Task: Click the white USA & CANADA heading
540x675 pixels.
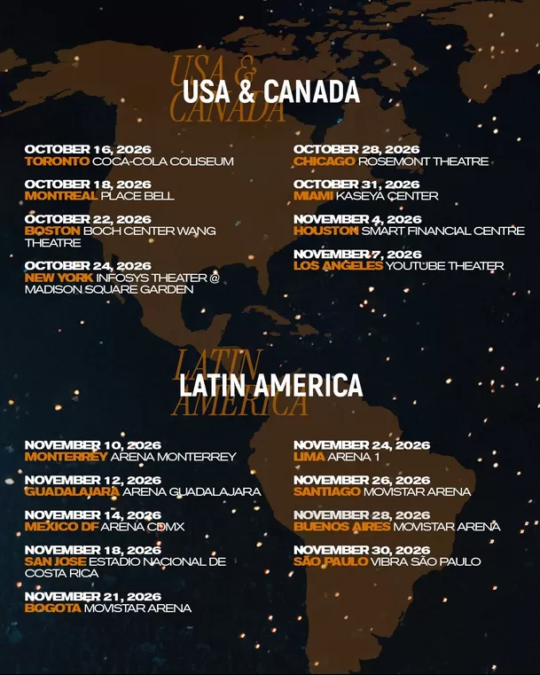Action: point(270,91)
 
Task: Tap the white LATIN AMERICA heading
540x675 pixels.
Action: point(270,385)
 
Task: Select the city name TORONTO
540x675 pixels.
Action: point(57,161)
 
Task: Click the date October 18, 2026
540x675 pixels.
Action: point(88,184)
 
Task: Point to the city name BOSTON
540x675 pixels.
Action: point(52,231)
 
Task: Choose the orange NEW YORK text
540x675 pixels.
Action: point(58,278)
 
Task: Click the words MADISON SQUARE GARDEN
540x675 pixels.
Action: point(110,289)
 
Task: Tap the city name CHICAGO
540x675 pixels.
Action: point(324,161)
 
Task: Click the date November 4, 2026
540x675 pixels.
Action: point(357,219)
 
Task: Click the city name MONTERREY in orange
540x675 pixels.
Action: point(66,457)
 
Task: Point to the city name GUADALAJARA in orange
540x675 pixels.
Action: point(72,491)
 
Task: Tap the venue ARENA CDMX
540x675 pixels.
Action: point(142,527)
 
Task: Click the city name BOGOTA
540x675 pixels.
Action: point(52,608)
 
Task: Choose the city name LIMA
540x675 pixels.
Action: point(309,457)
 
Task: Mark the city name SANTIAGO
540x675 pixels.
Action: point(326,491)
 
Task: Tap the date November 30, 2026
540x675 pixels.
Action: point(362,550)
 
